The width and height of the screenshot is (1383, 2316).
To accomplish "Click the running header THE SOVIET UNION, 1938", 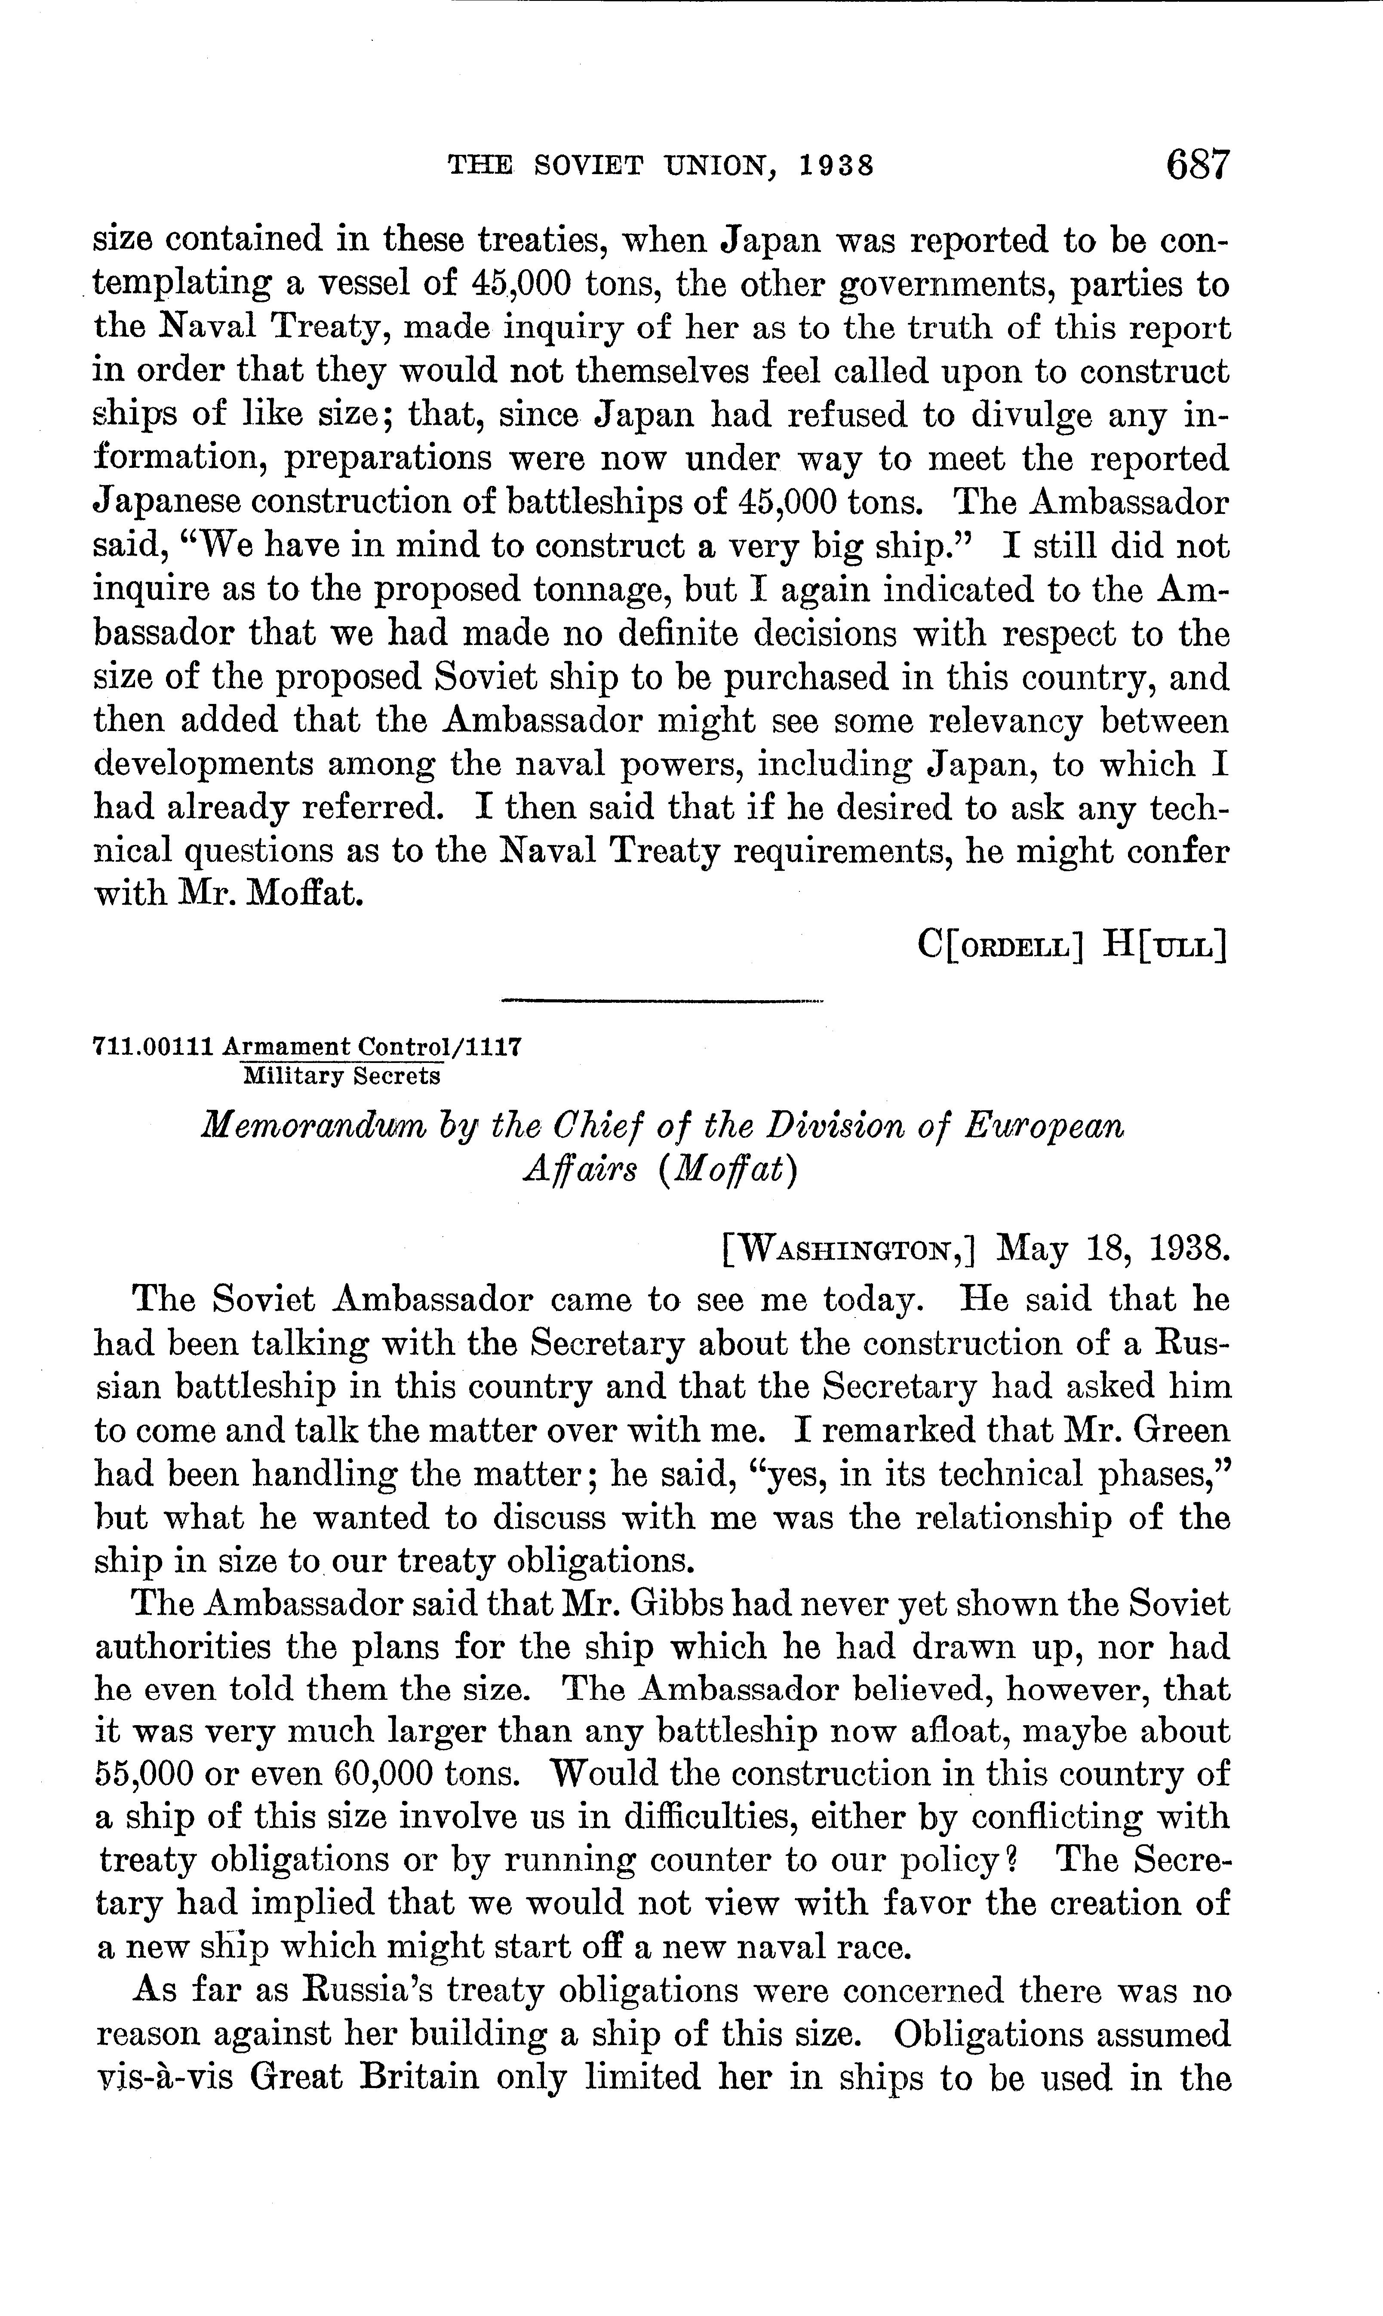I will [661, 166].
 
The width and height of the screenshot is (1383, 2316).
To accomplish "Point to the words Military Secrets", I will [341, 1076].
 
